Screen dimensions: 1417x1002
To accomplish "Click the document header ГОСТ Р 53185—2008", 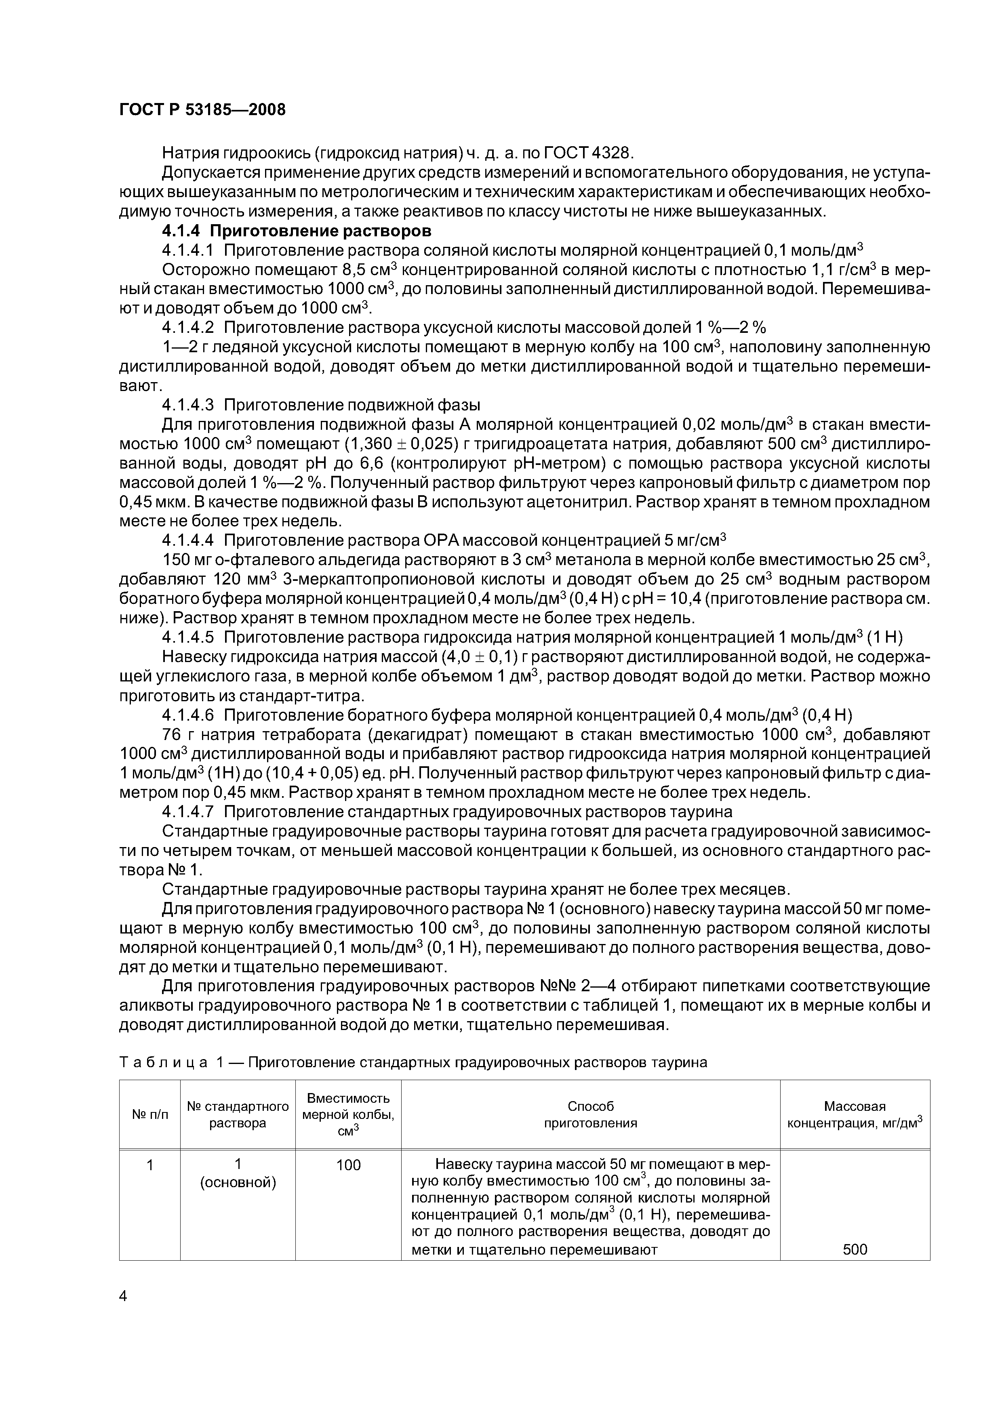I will [x=202, y=110].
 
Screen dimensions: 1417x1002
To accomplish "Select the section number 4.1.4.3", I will [x=188, y=405].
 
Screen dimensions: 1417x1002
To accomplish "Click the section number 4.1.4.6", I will [x=188, y=715].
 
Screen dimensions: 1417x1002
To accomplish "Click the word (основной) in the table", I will [x=238, y=1182].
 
